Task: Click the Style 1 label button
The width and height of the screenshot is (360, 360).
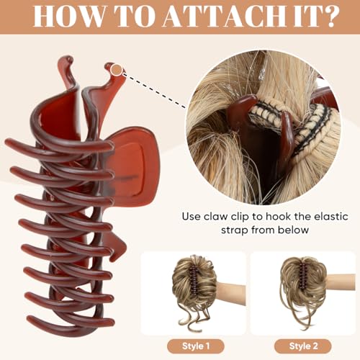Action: pyautogui.click(x=196, y=346)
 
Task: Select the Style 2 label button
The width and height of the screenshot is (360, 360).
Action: pyautogui.click(x=303, y=346)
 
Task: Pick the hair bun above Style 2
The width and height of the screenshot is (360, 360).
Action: pyautogui.click(x=304, y=288)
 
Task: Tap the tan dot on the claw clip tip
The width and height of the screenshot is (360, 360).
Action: pyautogui.click(x=117, y=70)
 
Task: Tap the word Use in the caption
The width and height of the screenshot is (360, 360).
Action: pyautogui.click(x=191, y=217)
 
